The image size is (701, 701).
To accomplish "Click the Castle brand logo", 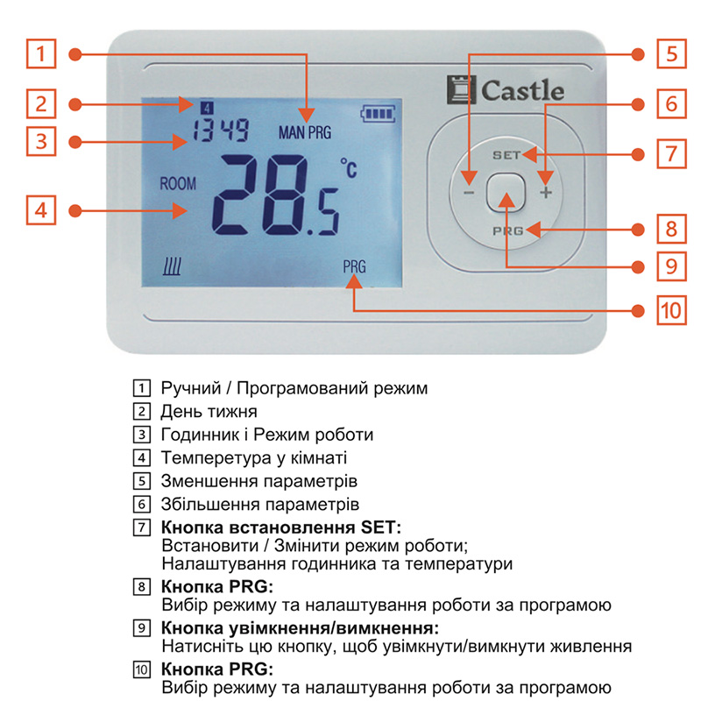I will [506, 89].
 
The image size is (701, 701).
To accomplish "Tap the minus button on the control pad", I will [469, 192].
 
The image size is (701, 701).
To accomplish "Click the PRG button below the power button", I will [507, 230].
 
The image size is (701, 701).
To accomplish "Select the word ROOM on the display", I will [178, 184].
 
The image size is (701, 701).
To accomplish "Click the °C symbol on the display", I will [348, 169].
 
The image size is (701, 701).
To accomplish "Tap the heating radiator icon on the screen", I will [171, 267].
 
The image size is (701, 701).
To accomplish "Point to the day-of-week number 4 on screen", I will [207, 107].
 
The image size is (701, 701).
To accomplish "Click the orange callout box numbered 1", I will [40, 53].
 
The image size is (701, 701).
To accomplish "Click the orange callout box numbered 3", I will [40, 140].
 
